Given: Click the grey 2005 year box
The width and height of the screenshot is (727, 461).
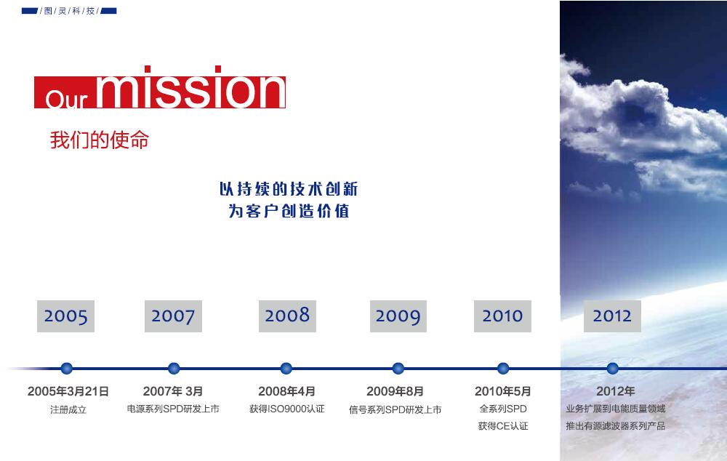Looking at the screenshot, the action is tap(66, 316).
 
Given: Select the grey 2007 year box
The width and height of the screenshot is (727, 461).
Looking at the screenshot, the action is tap(174, 316).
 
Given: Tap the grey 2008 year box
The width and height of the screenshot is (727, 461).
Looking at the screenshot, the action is tap(287, 316).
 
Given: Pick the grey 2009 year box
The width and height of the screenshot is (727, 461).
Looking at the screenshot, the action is tap(398, 316).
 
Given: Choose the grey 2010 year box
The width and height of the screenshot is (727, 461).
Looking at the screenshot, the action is tap(502, 316).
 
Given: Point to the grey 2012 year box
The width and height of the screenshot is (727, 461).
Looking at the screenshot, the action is tap(612, 316).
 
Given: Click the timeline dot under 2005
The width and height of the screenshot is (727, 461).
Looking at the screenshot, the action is tap(67, 369).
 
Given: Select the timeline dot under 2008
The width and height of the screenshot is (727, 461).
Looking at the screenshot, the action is tap(286, 369).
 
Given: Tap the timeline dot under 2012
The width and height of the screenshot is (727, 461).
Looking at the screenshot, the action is tap(612, 369).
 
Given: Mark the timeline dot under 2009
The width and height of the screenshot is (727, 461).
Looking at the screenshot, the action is tap(398, 369).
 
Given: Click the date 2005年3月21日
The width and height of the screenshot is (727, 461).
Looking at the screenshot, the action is tap(68, 391).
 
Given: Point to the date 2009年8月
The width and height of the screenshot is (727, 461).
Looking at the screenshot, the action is tap(395, 391).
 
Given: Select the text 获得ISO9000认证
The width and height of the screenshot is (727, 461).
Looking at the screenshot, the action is tap(287, 409).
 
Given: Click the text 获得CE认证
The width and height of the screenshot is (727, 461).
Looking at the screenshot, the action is tap(503, 426).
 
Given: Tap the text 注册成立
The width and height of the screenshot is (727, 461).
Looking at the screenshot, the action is tap(68, 409).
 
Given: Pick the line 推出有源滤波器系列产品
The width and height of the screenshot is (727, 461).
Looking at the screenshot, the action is tap(615, 426).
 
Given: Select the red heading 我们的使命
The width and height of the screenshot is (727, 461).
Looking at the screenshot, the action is tap(99, 140).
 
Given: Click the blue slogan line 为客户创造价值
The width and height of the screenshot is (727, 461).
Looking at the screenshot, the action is tap(289, 211).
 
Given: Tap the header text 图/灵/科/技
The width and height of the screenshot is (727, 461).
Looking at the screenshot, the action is tap(70, 11).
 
